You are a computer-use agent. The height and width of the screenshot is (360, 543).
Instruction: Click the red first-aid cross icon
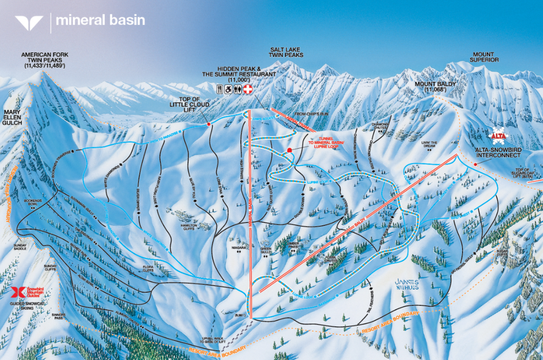tap(248, 89)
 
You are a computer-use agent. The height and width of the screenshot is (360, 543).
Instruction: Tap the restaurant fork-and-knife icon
tap(220, 89)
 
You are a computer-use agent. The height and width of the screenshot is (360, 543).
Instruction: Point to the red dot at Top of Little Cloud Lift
tap(209, 124)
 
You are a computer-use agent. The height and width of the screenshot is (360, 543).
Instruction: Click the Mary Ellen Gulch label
tap(12, 116)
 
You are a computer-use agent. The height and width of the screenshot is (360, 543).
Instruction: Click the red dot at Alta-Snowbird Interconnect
tap(476, 164)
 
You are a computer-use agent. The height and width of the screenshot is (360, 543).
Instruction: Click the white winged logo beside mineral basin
tap(29, 22)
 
